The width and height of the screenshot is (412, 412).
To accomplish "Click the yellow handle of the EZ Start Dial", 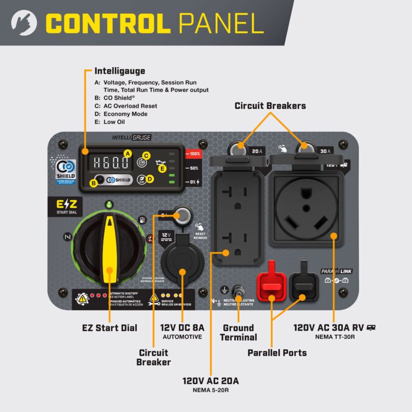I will point(109,249).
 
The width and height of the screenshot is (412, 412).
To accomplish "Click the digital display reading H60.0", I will point(109,163).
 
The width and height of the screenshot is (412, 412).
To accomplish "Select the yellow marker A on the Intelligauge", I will point(128,153).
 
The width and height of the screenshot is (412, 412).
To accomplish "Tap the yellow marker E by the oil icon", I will point(162,168).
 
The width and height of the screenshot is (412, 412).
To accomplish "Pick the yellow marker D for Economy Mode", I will point(150,179).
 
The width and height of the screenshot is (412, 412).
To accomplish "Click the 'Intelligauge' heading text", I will point(119,71).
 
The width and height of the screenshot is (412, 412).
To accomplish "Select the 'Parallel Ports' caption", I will point(277,353).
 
